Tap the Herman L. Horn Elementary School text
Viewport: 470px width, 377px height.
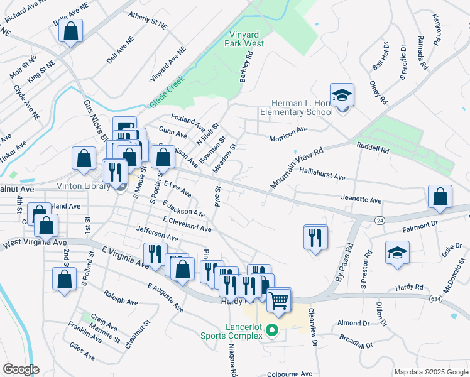297,107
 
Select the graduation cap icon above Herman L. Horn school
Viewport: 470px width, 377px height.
342,96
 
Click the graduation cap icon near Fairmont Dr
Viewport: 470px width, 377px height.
396,254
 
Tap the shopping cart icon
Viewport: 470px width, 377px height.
279,299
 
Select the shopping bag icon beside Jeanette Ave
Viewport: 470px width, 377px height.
440,196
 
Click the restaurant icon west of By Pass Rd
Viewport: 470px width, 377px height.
315,238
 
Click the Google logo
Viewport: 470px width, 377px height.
20,369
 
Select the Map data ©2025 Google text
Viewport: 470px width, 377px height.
430,371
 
